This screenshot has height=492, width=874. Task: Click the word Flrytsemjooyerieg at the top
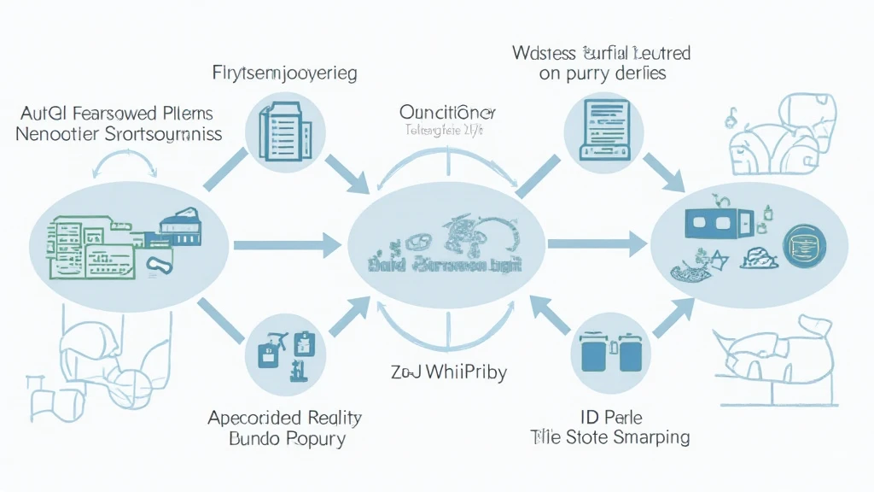coord(283,73)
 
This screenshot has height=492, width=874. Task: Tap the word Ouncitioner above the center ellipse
coord(446,113)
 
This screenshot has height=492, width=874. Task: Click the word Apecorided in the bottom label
coord(248,419)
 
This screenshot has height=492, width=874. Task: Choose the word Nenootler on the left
coord(57,134)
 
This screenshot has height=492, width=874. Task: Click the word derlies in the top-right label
coord(640,74)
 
